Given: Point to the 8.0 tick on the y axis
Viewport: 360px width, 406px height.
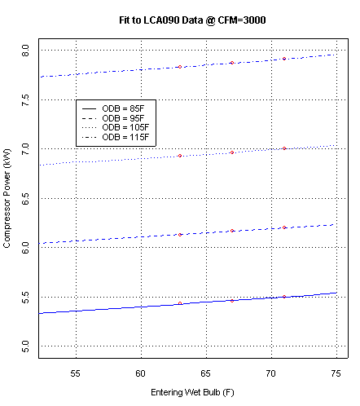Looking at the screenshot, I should (x=27, y=51).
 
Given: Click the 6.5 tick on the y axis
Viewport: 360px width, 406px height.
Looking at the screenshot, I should (x=27, y=198).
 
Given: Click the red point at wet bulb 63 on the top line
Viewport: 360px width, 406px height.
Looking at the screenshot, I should (x=180, y=67).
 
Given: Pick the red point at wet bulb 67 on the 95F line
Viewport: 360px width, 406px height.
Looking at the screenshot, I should (x=232, y=231).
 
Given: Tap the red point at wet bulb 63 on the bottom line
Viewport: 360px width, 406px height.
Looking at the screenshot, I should (x=180, y=303).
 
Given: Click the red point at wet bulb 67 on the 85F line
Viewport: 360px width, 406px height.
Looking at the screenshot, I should (x=232, y=300).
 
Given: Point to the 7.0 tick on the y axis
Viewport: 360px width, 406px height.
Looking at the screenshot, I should (x=27, y=148).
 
